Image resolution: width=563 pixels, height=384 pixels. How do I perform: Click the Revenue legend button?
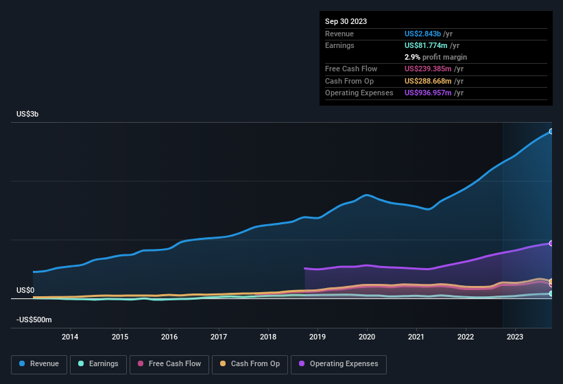tap(40, 363)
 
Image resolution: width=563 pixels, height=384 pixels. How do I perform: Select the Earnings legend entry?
tap(95, 363)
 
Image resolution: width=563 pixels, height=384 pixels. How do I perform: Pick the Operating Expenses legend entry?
tap(339, 363)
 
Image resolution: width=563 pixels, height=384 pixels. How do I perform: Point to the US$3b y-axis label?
tap(27, 114)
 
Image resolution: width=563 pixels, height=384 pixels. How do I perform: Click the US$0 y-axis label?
tap(25, 290)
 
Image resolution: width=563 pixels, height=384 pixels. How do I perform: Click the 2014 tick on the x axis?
tap(70, 337)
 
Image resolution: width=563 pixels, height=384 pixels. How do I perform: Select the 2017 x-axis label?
tap(219, 337)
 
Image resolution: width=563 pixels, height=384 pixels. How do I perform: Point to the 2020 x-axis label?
tap(367, 337)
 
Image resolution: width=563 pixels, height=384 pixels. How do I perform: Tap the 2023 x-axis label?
tap(515, 337)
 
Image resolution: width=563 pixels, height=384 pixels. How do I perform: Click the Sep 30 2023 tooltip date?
tap(346, 21)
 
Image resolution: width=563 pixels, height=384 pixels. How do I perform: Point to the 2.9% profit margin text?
tap(435, 57)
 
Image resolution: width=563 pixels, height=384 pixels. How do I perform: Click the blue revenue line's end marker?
tap(551, 132)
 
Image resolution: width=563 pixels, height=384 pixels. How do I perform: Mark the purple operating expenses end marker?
tap(551, 243)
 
